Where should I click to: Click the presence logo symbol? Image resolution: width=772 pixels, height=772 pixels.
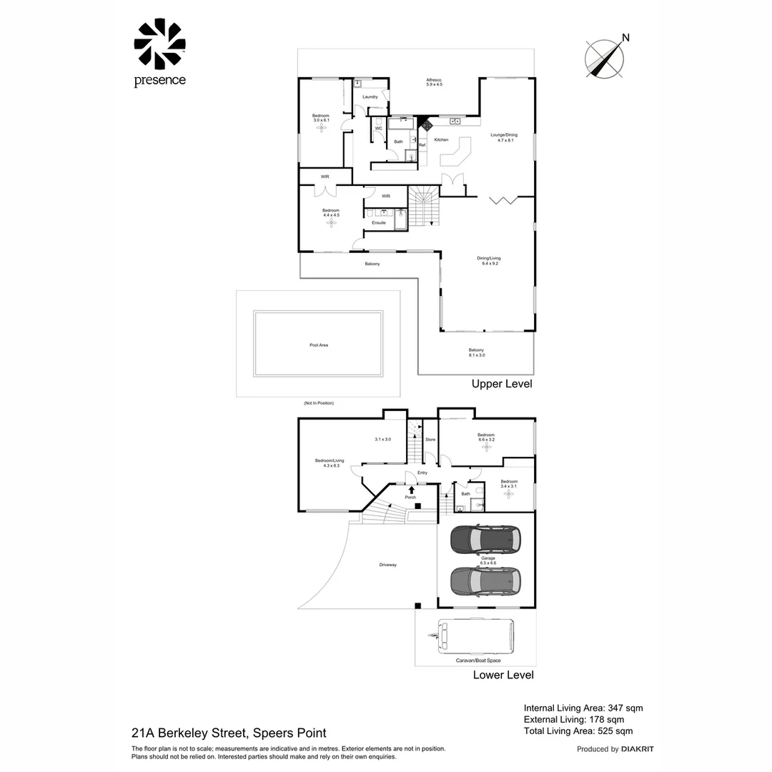point(159,44)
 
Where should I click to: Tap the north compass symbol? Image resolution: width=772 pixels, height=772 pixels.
point(605,58)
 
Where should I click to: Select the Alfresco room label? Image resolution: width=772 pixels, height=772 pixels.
point(435,82)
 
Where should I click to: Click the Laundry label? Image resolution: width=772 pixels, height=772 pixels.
point(370,96)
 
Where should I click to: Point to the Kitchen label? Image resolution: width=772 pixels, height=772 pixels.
point(442,139)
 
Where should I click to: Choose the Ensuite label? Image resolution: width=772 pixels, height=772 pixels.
point(379,222)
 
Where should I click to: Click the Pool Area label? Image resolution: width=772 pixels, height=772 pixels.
point(319,345)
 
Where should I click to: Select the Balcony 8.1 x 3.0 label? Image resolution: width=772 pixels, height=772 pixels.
point(477,352)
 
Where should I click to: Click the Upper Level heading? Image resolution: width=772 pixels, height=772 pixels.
point(502,384)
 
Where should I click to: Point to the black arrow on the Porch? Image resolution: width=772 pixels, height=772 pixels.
point(411,489)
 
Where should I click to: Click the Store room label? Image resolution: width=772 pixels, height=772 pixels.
point(430,440)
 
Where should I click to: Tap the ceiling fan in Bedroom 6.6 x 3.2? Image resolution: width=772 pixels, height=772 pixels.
point(487,448)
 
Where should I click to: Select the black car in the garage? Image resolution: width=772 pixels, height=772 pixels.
point(485,540)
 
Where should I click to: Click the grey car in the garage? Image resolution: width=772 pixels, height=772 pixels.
point(485,581)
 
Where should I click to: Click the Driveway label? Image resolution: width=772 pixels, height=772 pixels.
point(388,565)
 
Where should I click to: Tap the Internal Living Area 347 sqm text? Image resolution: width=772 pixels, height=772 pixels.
point(583,708)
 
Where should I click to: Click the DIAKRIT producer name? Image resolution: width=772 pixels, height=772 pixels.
point(638,749)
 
